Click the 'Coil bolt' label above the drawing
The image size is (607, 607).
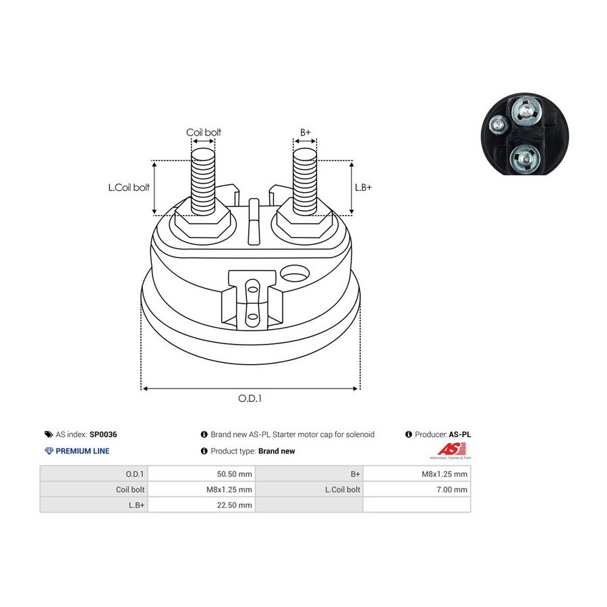tap(204, 132)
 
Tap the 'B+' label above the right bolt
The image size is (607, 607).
tap(306, 132)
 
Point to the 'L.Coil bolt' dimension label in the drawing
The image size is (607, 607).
tap(129, 187)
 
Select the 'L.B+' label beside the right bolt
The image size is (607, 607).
tap(363, 187)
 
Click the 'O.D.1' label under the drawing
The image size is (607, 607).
tap(250, 399)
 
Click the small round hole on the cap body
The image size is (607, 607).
tap(295, 273)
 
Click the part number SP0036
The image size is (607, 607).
tap(103, 434)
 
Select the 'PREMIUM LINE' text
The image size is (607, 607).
tap(82, 451)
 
